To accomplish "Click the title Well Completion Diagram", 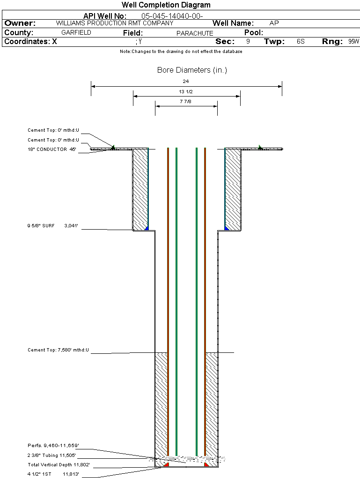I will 166,5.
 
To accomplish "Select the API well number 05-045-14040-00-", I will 172,16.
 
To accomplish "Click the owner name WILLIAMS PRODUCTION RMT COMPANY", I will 114,23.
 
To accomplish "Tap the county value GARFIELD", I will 76,33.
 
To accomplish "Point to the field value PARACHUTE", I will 195,33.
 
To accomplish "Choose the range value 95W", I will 353,42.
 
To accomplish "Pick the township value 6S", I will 301,42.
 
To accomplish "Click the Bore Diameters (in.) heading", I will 192,70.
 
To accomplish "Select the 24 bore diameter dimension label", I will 186,82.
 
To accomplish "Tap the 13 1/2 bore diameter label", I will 186,91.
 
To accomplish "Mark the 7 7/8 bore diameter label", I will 186,101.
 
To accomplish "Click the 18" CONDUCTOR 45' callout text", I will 51,149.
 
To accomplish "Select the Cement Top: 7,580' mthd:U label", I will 58,350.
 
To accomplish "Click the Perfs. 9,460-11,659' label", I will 53,445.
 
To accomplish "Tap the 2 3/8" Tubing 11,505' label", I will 51,455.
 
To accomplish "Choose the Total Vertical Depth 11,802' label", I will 59,465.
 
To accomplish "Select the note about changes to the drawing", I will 181,52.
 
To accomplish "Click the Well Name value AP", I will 274,23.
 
